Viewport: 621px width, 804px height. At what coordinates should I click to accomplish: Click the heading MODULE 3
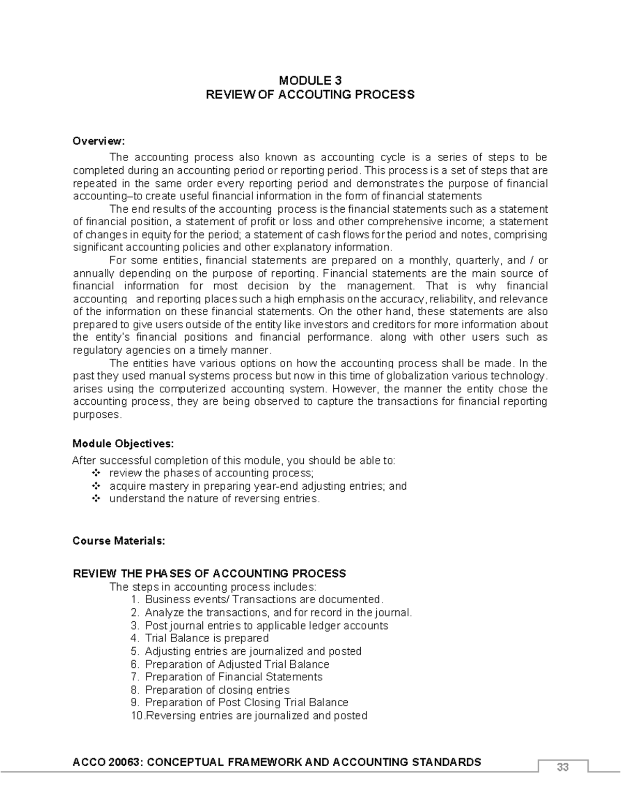click(x=310, y=80)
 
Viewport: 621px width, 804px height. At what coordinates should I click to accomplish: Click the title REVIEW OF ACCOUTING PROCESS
click(x=310, y=94)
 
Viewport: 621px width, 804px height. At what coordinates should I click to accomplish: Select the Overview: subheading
click(x=98, y=141)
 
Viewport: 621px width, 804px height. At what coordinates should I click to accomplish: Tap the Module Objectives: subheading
click(x=123, y=444)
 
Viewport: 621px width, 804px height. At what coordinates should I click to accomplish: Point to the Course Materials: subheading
click(x=119, y=541)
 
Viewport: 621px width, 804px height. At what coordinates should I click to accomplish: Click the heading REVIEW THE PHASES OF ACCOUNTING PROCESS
click(x=209, y=574)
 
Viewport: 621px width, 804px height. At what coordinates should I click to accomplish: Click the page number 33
click(x=563, y=767)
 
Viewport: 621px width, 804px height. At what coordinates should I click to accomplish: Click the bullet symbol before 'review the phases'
click(x=95, y=473)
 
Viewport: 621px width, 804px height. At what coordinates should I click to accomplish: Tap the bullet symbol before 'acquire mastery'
click(x=95, y=486)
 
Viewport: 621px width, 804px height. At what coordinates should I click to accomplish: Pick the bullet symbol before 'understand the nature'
click(x=95, y=499)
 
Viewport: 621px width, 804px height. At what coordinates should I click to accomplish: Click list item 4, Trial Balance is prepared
click(x=206, y=638)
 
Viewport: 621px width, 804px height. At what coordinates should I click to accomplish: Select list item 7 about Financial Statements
click(x=233, y=677)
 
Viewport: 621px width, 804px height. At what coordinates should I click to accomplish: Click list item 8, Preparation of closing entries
click(x=217, y=690)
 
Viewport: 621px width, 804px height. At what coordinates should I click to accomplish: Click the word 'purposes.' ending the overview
click(x=97, y=415)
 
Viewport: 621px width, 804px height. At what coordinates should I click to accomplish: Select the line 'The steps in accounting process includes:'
click(x=212, y=587)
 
